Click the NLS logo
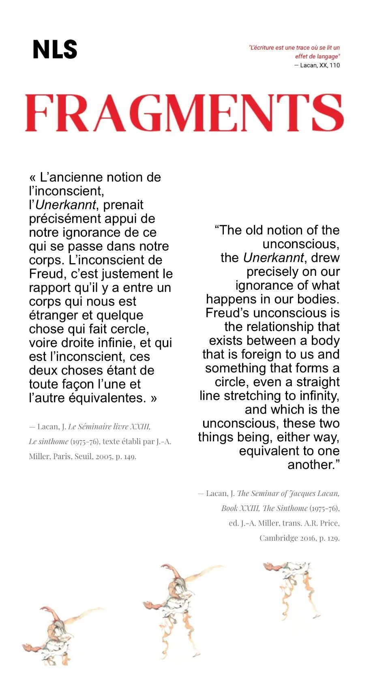55,49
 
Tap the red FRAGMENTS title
184,113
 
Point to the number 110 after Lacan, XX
334,65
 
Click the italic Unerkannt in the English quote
273,258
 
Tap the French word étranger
51,315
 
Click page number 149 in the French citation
130,457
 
